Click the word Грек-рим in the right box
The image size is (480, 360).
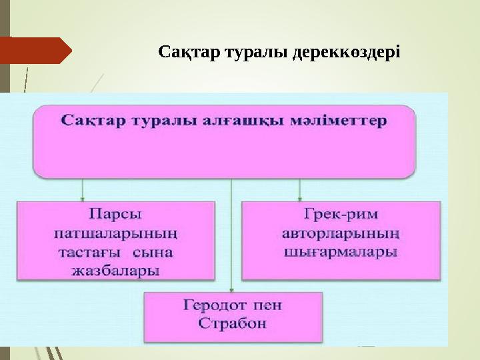[x=341, y=215]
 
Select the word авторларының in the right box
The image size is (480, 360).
[x=341, y=233]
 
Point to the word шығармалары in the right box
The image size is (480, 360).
[x=341, y=253]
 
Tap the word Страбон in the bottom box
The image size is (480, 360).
[x=233, y=324]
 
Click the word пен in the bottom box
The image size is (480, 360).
[x=269, y=305]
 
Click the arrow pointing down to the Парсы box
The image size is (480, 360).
[x=83, y=189]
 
